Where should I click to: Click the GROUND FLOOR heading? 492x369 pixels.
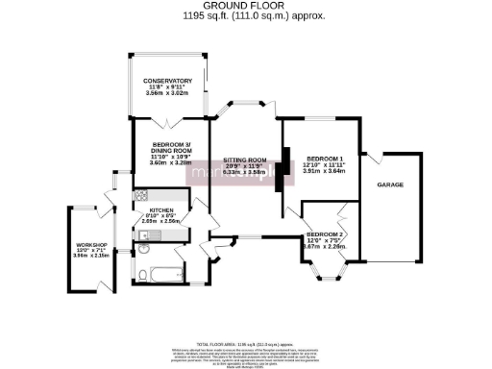click(245, 6)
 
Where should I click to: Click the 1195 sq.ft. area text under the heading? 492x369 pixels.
click(245, 16)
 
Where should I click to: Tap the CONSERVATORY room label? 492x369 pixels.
click(168, 81)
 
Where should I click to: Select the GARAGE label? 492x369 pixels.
click(389, 184)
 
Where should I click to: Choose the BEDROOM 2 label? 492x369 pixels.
click(325, 234)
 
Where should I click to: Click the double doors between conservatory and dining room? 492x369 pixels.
click(169, 119)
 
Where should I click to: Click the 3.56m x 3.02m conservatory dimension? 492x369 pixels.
click(168, 93)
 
